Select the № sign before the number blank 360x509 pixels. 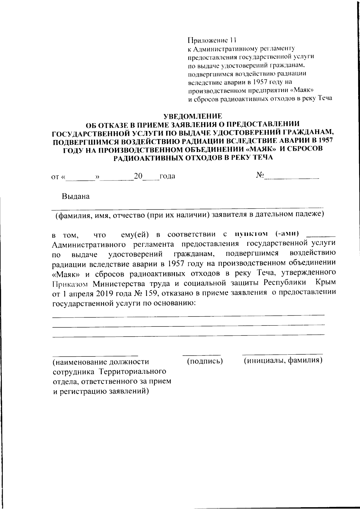pos(260,175)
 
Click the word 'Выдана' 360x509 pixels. pos(76,197)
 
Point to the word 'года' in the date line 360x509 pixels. pos(167,176)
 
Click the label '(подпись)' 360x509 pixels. pos(205,361)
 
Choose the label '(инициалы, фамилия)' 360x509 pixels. pos(283,360)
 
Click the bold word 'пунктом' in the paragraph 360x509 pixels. pos(251,234)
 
